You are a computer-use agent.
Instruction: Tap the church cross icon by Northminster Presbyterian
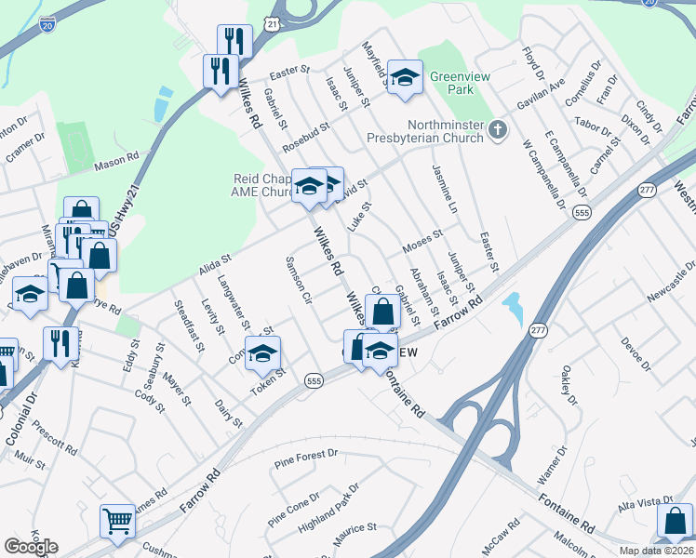[x=498, y=130]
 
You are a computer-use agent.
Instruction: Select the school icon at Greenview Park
[x=405, y=79]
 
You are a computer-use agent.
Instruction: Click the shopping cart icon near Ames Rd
[x=118, y=522]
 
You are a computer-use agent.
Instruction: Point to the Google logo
[x=31, y=547]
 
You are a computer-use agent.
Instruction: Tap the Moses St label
[x=421, y=245]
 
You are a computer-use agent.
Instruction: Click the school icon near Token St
[x=264, y=354]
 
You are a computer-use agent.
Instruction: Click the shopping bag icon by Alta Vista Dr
[x=675, y=522]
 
